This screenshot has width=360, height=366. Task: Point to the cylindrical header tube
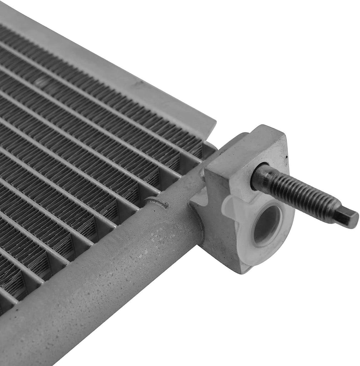107,272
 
